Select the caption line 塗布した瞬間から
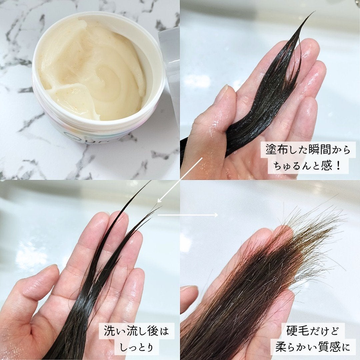pos(308,150)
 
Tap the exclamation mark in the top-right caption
pos(338,166)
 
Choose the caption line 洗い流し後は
pos(136,331)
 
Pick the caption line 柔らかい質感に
pos(312,347)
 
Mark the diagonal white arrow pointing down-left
pos(180,180)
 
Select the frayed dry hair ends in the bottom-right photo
pos(310,240)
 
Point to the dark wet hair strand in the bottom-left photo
pos(90,300)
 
